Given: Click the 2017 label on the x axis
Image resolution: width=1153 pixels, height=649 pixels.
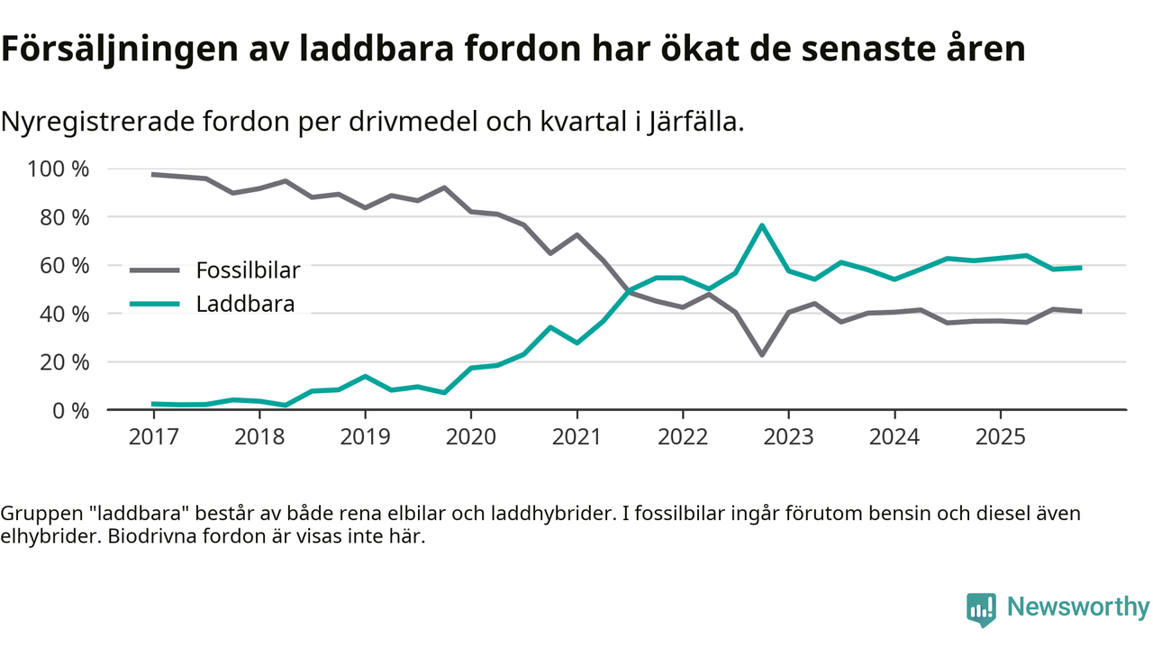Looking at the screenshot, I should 153,437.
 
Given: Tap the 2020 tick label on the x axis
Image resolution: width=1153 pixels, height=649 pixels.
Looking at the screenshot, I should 471,437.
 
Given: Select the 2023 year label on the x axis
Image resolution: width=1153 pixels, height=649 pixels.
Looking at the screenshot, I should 788,437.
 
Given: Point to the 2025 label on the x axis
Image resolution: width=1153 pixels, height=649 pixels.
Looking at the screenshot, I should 1000,437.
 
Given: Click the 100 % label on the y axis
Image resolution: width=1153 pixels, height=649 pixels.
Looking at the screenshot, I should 59,169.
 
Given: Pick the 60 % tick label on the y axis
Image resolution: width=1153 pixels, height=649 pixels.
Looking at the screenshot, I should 64,266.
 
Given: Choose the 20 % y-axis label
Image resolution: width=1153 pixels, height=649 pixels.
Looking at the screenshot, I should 64,362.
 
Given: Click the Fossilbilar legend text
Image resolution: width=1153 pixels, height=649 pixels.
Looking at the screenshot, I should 248,270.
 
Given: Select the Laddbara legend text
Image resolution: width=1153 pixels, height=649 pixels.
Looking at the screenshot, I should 245,304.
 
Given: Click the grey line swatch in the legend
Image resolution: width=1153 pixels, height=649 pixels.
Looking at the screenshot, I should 155,270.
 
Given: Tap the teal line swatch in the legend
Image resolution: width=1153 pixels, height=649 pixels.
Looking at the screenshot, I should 155,305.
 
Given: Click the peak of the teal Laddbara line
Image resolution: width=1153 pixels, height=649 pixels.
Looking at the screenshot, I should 762,225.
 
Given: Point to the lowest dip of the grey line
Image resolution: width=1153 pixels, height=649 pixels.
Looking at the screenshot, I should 762,354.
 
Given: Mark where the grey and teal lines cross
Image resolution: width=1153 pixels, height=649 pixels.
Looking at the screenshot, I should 628,291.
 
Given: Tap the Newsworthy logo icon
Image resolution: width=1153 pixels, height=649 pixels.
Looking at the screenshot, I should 981,608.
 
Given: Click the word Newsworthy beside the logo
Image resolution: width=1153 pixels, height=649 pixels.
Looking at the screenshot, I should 1077,608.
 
